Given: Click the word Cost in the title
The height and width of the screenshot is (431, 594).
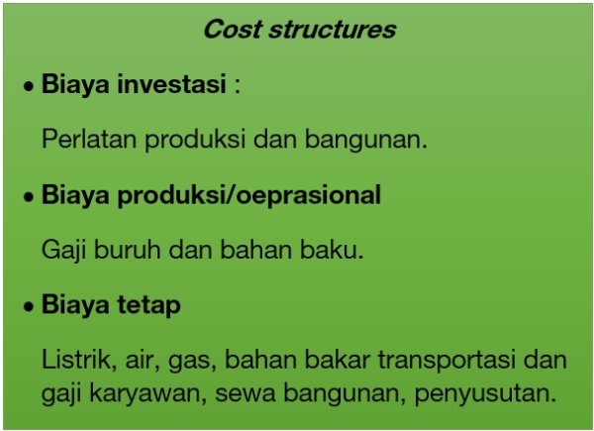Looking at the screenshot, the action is point(233,29).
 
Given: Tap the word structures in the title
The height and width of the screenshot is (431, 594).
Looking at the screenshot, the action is point(333,29).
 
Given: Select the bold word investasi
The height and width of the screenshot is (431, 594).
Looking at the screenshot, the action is point(172,83).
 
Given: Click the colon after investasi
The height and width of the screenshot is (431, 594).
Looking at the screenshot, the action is point(238,86).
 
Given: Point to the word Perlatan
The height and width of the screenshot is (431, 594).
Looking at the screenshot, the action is point(89,139).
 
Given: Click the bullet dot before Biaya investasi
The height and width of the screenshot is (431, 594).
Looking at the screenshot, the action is point(29,87).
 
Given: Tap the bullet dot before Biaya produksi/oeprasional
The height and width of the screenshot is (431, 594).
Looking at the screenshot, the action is point(29,197).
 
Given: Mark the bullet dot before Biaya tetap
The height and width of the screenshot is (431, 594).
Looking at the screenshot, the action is point(29,307).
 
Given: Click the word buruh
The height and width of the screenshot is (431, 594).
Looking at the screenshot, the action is point(128,250).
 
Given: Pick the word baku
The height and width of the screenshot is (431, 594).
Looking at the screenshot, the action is point(332,250).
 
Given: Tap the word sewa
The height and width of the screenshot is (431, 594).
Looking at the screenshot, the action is point(246,394).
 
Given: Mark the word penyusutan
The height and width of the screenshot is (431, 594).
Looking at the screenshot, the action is point(485,394).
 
